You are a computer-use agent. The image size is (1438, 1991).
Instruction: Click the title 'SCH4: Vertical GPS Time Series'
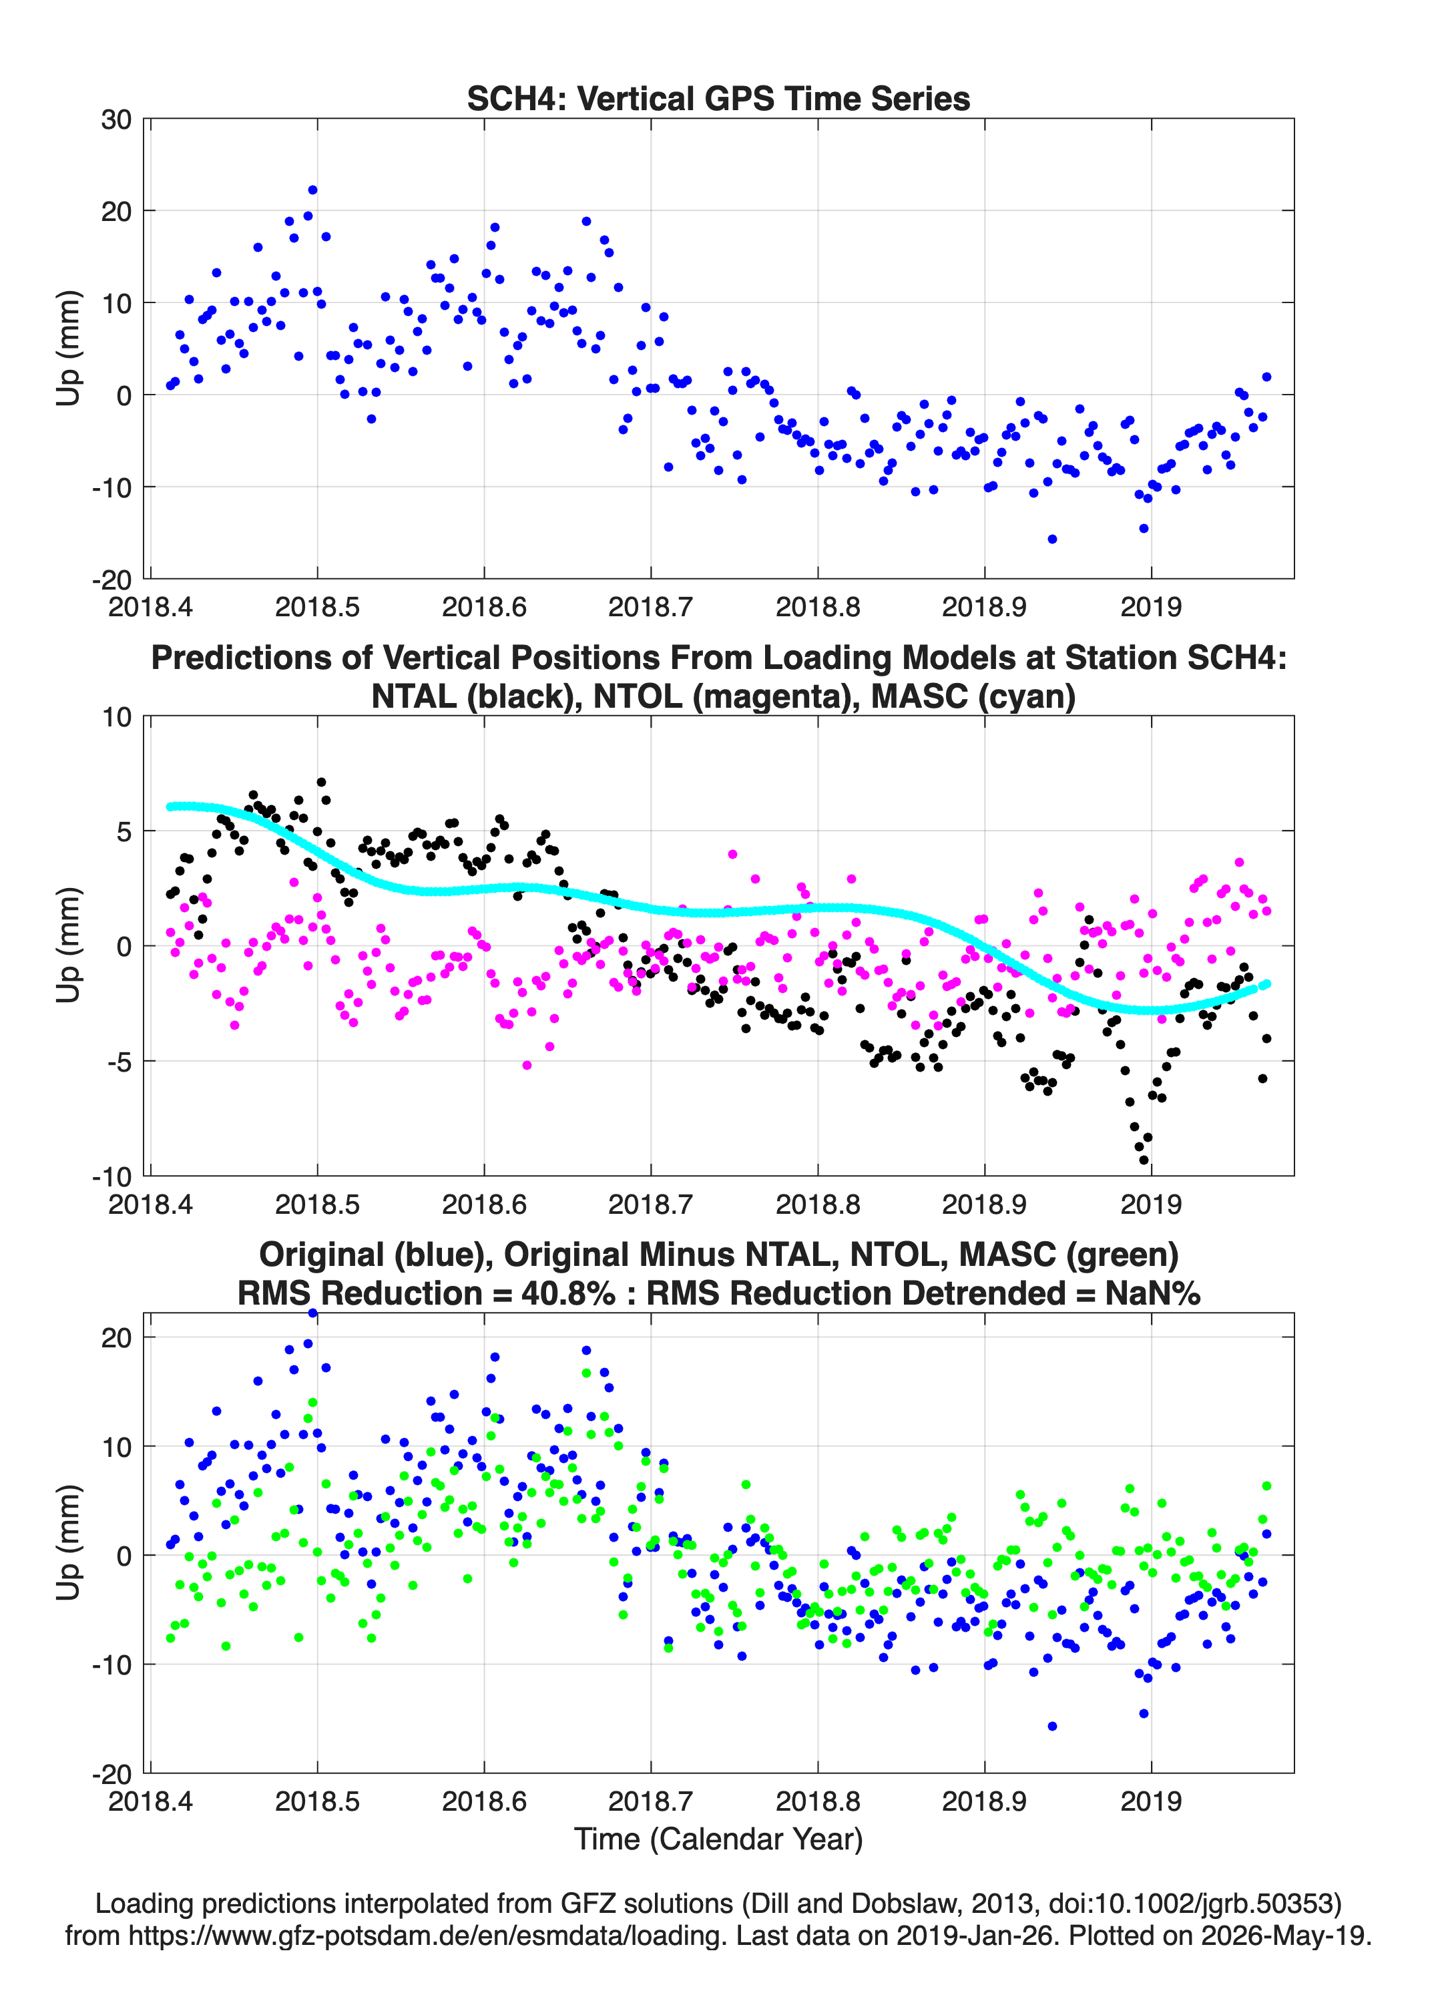[718, 98]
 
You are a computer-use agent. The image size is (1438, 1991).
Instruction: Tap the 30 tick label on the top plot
[116, 120]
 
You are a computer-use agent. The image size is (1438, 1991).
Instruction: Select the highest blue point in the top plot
[312, 190]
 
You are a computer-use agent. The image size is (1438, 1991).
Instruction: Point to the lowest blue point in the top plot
[1051, 539]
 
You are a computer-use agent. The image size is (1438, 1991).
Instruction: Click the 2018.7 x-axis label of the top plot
[650, 607]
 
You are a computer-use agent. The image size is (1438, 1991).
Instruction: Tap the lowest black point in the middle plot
[1143, 1160]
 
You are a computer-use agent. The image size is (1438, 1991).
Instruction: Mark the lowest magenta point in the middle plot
[527, 1065]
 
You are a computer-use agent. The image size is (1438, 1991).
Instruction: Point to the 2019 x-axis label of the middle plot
[1151, 1204]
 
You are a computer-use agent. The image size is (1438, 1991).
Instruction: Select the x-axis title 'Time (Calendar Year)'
[718, 1838]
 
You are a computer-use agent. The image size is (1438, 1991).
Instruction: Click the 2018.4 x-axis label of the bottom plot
[150, 1801]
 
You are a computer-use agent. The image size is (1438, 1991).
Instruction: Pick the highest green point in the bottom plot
[586, 1373]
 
